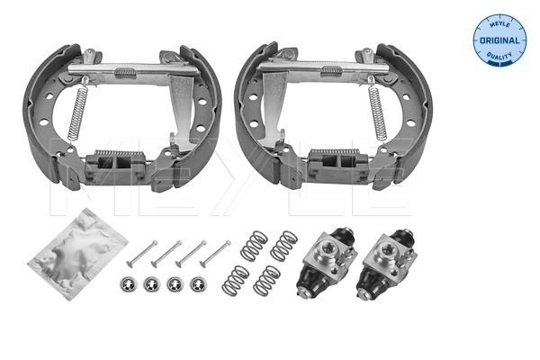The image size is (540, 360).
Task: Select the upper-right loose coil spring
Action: [284, 246]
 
